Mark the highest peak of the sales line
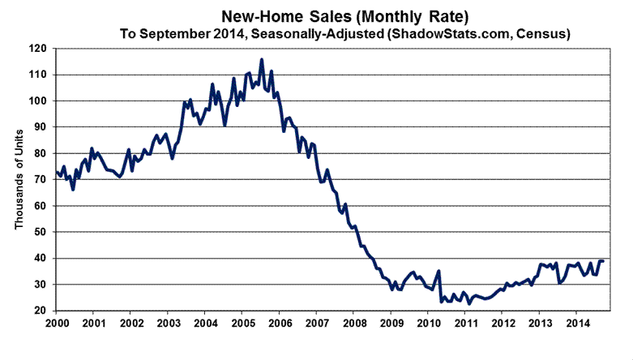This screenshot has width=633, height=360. (x=261, y=59)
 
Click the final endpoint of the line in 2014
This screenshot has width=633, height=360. (x=603, y=261)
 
